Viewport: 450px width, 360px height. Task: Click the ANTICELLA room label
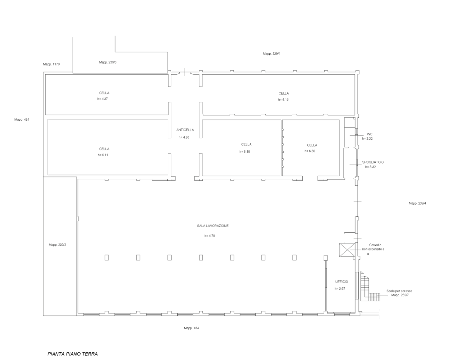point(185,130)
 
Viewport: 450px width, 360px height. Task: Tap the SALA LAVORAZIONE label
point(213,226)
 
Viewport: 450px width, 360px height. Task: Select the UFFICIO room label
point(342,282)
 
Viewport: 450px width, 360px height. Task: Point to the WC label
point(370,134)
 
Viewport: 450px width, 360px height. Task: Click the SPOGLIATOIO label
point(373,162)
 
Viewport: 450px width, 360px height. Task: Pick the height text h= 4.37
point(102,99)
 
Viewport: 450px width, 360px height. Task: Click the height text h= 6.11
point(103,155)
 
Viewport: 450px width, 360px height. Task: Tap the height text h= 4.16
point(283,100)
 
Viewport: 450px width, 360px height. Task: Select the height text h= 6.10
point(245,152)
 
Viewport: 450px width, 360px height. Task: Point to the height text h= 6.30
point(310,151)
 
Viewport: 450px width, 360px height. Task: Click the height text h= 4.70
point(210,236)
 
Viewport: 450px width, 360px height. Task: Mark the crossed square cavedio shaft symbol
point(347,250)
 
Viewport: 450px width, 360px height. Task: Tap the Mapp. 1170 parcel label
point(52,64)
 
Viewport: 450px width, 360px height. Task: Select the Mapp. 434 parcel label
point(22,120)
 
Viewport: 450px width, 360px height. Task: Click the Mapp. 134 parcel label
point(192,328)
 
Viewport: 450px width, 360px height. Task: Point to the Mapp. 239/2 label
point(57,245)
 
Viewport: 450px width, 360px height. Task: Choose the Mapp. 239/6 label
point(108,62)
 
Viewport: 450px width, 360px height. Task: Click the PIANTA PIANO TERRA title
point(73,354)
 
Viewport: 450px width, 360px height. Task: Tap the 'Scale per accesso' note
point(399,291)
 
